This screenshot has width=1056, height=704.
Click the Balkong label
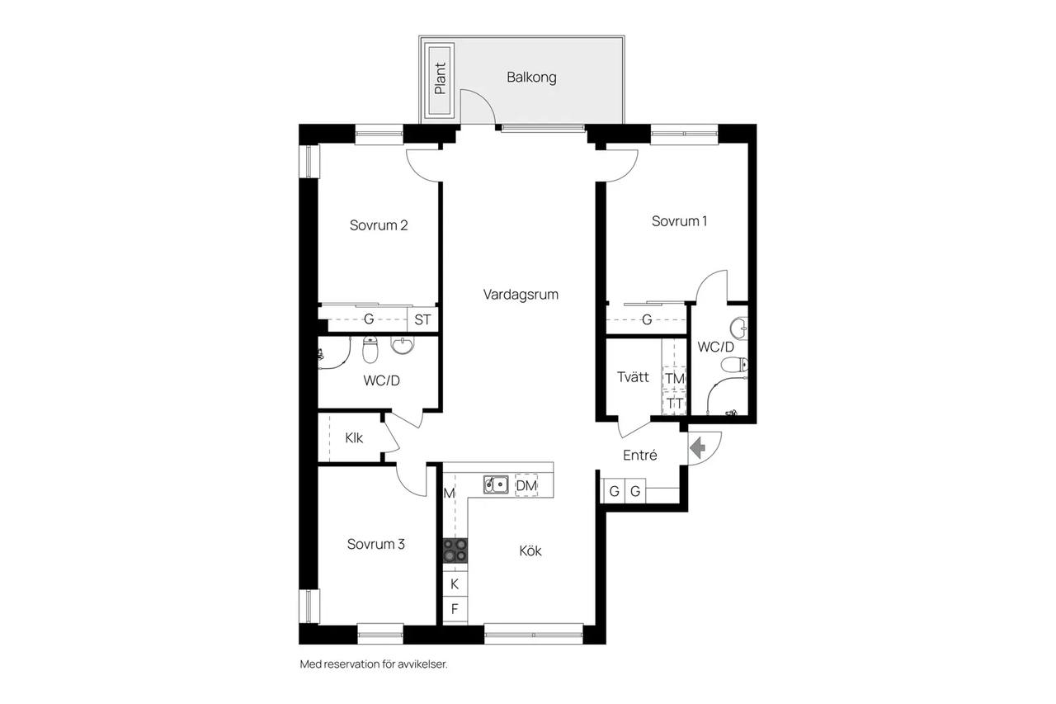pos(531,78)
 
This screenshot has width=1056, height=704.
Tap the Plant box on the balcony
pos(441,81)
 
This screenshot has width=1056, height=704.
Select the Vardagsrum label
pos(521,295)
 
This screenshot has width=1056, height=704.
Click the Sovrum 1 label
pos(679,221)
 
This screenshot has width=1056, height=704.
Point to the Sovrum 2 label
pos(379,225)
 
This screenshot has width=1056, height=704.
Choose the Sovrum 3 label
pos(375,544)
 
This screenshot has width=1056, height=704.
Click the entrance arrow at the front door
pos(697,447)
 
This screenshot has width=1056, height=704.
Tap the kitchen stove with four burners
pos(455,550)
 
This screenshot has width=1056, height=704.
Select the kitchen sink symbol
pos(496,484)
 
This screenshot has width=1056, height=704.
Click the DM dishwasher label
pos(526,485)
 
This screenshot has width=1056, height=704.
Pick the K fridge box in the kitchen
pos(455,584)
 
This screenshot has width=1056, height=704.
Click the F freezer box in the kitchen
pos(455,609)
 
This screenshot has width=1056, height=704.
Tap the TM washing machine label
pos(675,378)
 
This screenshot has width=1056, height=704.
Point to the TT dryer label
pos(675,404)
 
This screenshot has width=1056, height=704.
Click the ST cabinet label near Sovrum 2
pos(422,320)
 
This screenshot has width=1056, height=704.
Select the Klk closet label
pos(354,438)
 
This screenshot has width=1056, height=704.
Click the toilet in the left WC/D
pos(370,350)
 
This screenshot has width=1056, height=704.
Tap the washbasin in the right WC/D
pos(739,328)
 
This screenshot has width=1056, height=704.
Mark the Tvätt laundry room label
pos(633,377)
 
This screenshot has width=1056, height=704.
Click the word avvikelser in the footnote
pos(422,664)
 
